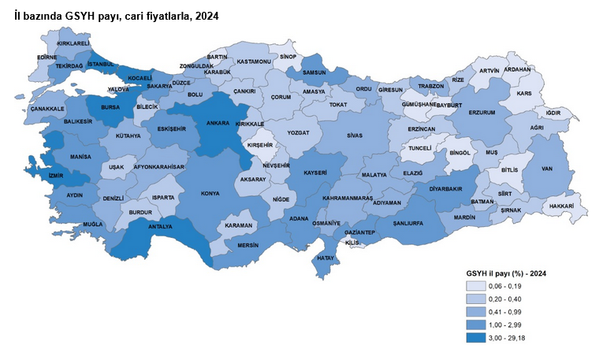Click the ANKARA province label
[x=218, y=123]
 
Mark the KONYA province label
[x=210, y=193]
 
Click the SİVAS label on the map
[x=355, y=135]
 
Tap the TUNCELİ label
[x=420, y=147]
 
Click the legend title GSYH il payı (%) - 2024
[x=506, y=272]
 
